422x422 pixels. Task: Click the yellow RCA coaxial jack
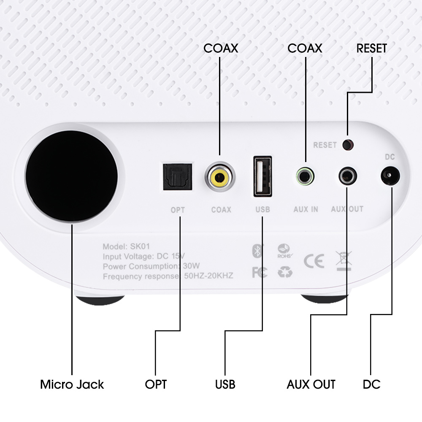coord(220,177)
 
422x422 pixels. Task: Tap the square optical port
coord(177,177)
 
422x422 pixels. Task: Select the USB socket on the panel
coord(262,176)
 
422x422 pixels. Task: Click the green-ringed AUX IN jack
coord(305,176)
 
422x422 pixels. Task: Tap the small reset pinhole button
coord(348,145)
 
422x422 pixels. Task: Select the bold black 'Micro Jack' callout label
coord(72,384)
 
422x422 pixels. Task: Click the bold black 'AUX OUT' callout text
coord(311,384)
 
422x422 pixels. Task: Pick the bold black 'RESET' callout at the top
coord(371,48)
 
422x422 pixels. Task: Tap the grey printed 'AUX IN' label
coord(306,209)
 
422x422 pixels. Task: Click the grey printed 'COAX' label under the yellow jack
coord(221,209)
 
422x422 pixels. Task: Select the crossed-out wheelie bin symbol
coord(344,260)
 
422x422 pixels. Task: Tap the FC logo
coord(259,273)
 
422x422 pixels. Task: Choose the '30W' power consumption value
coord(191,266)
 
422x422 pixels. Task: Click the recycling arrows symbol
coord(285,273)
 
